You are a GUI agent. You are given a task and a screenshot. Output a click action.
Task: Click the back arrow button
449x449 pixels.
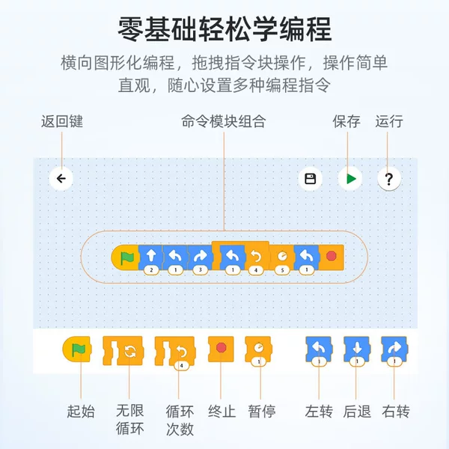pos(61,179)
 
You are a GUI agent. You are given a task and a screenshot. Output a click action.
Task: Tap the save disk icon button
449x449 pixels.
pos(310,179)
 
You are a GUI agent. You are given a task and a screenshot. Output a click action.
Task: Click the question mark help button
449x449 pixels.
pos(388,179)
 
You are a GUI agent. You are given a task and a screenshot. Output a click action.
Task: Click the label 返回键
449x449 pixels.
pos(62,121)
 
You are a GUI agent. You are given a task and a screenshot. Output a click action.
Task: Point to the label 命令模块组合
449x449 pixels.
pos(224,121)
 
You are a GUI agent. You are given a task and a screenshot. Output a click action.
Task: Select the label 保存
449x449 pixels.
pos(346,121)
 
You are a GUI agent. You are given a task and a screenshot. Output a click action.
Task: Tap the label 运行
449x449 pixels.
pos(389,121)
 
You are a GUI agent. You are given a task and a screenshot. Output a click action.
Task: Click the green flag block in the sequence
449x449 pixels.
pos(125,257)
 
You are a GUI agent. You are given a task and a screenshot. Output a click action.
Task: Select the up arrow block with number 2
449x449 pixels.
pos(151,259)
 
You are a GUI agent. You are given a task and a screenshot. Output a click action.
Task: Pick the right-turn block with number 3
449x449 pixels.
pos(200,259)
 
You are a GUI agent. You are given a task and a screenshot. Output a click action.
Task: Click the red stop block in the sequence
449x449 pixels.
pos(331,257)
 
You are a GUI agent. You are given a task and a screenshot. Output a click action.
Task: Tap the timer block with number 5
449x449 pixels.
pos(282,259)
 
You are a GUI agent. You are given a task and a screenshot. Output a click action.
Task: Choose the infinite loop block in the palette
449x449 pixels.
pos(123,351)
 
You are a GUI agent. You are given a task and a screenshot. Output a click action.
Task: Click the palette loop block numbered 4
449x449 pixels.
pos(175,352)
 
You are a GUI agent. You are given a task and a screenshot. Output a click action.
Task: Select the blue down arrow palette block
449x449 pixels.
pos(357,351)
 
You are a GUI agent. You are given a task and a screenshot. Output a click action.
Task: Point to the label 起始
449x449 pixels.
pos(81,412)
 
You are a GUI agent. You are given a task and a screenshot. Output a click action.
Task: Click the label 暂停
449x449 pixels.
pos(262,412)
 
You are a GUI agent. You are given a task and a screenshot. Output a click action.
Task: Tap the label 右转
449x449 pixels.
pos(396,412)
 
